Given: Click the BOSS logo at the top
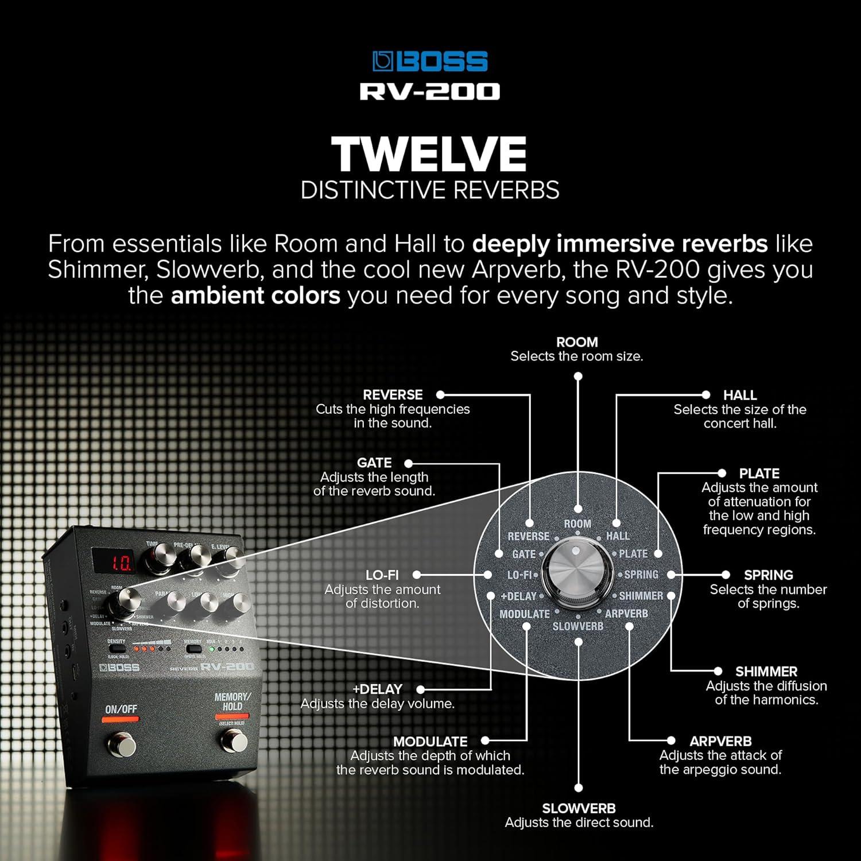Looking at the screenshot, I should (x=430, y=61).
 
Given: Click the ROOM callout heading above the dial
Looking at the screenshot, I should (x=577, y=342).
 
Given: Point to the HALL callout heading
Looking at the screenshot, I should (x=739, y=395).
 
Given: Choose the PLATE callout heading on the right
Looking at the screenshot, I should (x=759, y=474).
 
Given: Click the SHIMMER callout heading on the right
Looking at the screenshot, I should (x=766, y=672).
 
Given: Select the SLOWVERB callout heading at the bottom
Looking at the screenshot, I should (x=579, y=808).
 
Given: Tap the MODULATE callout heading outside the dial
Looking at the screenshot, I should (x=430, y=741).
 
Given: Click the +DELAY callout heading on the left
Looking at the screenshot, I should (x=377, y=689).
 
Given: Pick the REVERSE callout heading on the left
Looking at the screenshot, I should (x=393, y=395).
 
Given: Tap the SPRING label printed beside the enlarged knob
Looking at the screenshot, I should (x=641, y=575).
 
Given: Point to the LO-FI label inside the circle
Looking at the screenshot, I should (x=519, y=575).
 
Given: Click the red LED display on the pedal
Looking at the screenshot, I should (x=115, y=561).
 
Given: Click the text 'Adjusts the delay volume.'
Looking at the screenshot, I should (x=377, y=704).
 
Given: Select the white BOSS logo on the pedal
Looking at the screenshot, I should (x=119, y=668).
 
